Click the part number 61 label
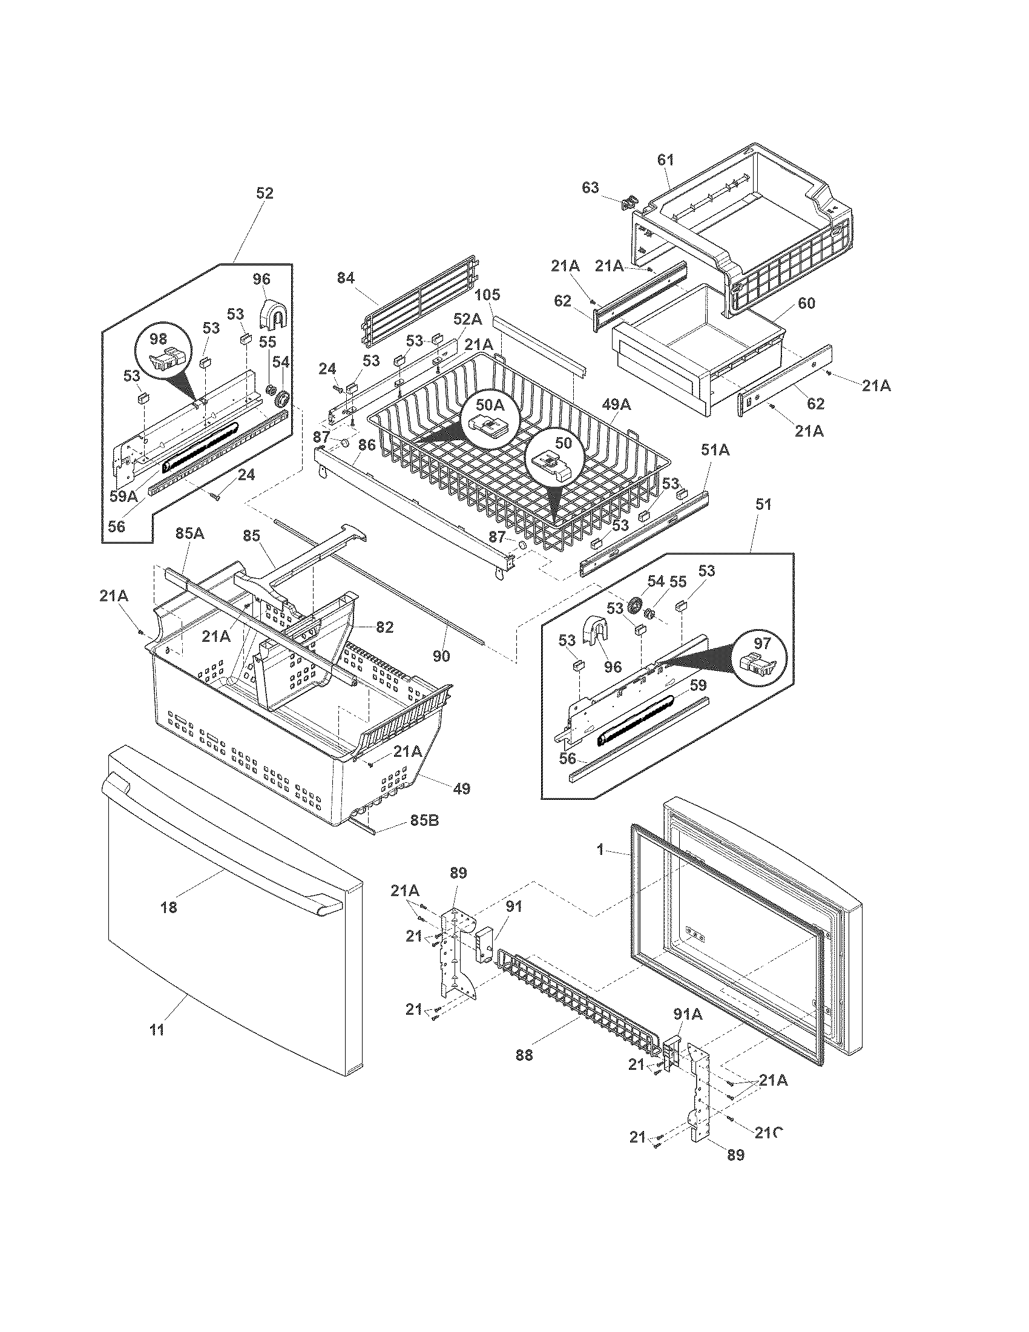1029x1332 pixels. tap(666, 160)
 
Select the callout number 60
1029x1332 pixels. tap(806, 303)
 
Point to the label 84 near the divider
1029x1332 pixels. tap(346, 279)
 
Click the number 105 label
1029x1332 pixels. tap(487, 295)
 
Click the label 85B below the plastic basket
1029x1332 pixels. tap(424, 820)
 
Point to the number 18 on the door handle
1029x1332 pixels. tap(169, 907)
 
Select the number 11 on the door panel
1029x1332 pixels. tap(157, 1030)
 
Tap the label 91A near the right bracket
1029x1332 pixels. tap(688, 1014)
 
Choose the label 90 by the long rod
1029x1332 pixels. tap(441, 656)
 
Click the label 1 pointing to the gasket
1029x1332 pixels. tap(600, 849)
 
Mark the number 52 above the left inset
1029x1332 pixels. tap(265, 193)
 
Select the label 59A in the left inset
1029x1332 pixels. tap(123, 496)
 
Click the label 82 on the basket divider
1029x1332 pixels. tap(384, 627)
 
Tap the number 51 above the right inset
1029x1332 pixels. tap(763, 504)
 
